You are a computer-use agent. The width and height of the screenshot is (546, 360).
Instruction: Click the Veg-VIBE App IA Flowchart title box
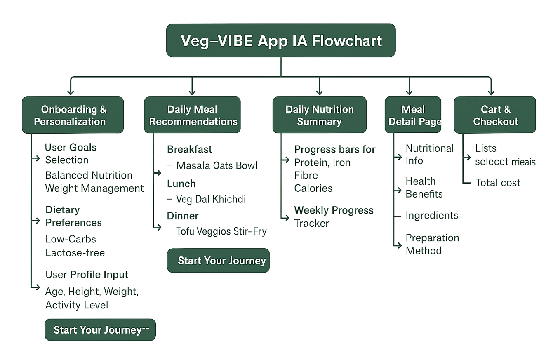tap(281, 40)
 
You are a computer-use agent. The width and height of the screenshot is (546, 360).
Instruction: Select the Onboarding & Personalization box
tap(73, 115)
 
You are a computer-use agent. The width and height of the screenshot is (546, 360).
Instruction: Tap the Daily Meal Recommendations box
tap(192, 115)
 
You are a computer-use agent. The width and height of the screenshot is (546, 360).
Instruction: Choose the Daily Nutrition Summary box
tap(319, 115)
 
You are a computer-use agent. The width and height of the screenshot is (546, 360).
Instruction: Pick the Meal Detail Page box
tap(413, 115)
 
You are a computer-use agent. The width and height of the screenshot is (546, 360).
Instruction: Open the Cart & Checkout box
tap(495, 115)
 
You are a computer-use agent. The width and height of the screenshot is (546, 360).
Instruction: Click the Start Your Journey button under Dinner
tap(218, 261)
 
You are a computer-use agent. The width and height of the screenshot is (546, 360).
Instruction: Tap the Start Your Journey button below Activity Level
tap(100, 330)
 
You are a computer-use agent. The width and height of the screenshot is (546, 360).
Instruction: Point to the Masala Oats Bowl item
tap(217, 166)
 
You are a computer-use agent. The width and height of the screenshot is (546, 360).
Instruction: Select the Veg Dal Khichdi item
tap(211, 200)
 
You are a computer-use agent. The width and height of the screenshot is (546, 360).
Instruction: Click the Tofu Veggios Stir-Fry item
tap(221, 231)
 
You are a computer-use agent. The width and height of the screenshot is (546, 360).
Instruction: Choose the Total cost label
tap(498, 183)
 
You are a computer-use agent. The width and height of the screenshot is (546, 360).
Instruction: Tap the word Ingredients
tap(432, 215)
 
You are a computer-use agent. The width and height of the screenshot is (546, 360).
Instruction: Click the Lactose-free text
tap(75, 253)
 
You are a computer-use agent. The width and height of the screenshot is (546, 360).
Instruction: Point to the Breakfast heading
tap(190, 149)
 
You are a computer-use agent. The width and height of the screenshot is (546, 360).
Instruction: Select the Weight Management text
tap(94, 188)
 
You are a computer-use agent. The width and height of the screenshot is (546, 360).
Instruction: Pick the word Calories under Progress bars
tap(313, 188)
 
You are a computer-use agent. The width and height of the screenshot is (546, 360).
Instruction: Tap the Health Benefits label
tap(424, 188)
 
